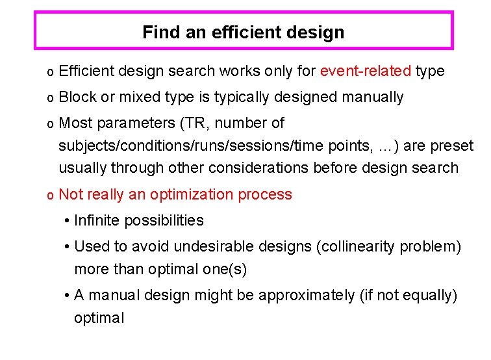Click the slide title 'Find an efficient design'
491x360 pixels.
pos(243,32)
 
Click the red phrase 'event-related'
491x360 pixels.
pos(366,71)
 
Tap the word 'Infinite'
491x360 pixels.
pos(97,220)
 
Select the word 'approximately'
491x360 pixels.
pos(306,296)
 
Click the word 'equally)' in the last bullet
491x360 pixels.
pos(432,296)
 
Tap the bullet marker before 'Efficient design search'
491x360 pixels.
pos(50,71)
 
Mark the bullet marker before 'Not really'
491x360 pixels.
pos(50,195)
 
